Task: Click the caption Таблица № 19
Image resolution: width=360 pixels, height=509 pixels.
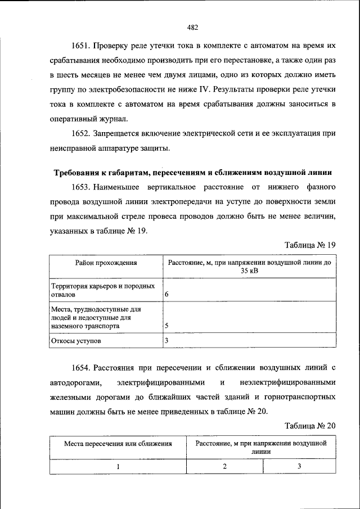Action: tap(310, 245)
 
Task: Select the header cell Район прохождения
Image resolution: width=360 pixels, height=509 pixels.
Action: tap(107, 263)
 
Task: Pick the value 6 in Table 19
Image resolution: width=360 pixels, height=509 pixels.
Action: tap(166, 294)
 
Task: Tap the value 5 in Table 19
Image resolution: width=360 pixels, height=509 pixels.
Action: tap(166, 326)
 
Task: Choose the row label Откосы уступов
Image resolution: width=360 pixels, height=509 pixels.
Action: tap(76, 341)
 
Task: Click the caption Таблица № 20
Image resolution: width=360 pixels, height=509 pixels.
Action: tap(310, 426)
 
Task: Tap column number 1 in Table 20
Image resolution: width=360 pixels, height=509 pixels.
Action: tap(118, 466)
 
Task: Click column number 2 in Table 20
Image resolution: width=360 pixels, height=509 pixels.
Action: tap(225, 466)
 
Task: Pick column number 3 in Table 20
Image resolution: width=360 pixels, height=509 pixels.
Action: tap(300, 466)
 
